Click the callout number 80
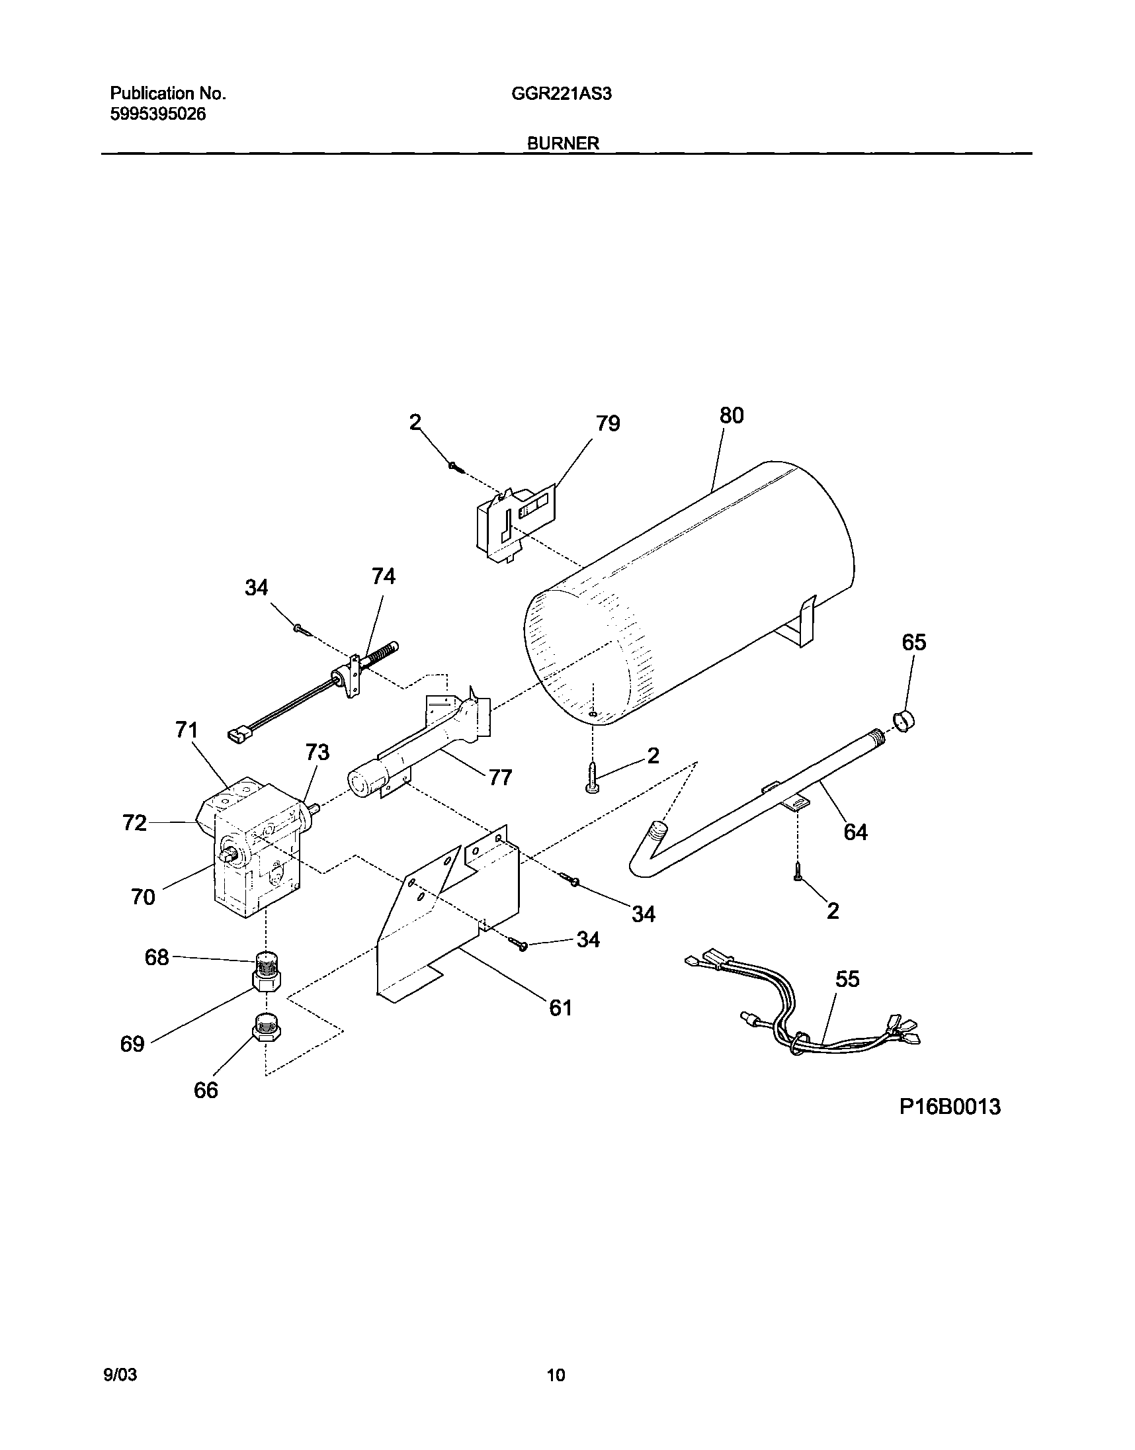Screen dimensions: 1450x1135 pos(731,415)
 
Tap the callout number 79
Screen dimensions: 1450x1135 pos(607,423)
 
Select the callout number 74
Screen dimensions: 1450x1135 pos(384,576)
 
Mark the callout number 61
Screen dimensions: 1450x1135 pos(560,1008)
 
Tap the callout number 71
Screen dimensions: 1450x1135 pos(187,730)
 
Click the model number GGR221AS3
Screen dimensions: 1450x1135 pos(562,95)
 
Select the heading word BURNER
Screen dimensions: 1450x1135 pos(563,143)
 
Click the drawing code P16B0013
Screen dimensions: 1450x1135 pos(950,1107)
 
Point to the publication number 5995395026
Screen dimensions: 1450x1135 pos(157,114)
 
